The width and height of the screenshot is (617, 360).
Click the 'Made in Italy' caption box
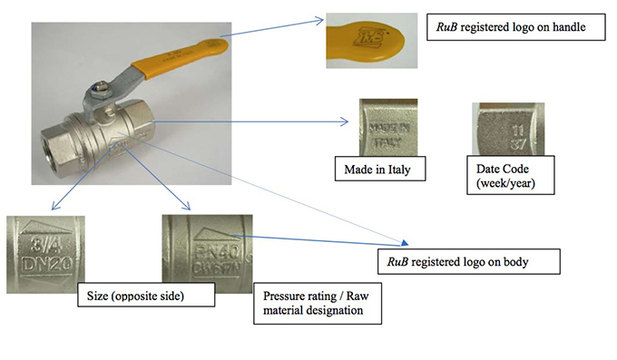click(x=381, y=170)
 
